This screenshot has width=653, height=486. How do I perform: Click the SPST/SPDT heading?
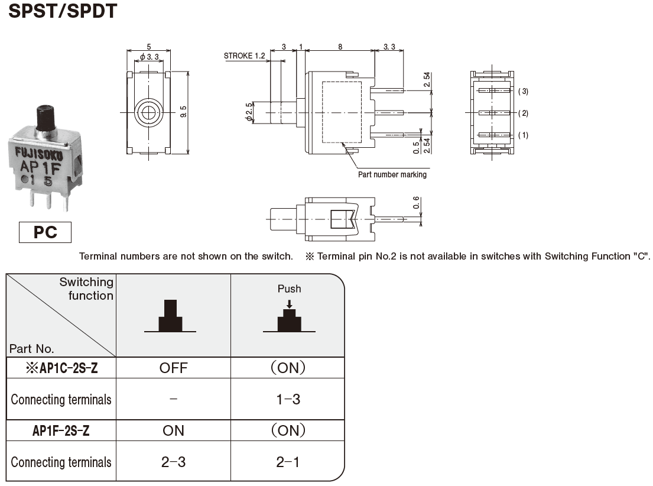[61, 11]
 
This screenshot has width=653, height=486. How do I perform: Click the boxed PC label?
[45, 232]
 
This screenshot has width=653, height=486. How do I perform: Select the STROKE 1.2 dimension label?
[245, 56]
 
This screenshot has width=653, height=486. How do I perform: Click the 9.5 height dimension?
[183, 112]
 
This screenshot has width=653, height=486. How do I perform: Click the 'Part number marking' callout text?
[392, 175]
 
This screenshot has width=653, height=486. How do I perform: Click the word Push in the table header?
[289, 289]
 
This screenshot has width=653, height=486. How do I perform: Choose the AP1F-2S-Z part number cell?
[61, 431]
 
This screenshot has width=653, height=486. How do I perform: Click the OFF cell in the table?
[173, 368]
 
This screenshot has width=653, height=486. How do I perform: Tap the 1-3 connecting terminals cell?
[288, 400]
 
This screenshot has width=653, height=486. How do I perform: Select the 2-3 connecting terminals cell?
[173, 462]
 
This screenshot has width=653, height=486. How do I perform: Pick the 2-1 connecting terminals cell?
[288, 462]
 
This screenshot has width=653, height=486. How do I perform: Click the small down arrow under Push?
[289, 303]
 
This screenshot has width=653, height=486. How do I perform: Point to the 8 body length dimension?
[340, 46]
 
